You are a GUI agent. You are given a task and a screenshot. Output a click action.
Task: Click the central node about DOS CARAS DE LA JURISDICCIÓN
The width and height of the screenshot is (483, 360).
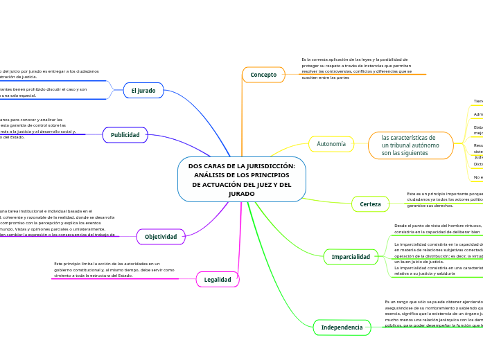241,179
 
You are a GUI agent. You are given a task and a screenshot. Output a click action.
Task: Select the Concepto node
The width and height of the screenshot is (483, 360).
263,74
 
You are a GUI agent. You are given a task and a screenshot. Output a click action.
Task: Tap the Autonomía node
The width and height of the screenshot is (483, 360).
331,144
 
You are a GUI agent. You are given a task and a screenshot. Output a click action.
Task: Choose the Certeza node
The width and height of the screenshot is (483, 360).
371,204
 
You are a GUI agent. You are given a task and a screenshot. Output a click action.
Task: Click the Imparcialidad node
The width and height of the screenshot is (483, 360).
351,257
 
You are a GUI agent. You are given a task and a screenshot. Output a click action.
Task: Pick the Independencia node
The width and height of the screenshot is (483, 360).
342,327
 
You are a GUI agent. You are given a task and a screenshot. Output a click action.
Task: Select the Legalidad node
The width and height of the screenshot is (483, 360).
218,279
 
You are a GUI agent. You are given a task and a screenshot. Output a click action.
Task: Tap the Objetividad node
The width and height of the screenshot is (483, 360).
161,237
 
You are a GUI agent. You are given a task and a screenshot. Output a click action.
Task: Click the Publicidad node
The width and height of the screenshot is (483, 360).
125,135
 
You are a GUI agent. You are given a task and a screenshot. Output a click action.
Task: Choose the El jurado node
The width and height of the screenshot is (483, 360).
143,91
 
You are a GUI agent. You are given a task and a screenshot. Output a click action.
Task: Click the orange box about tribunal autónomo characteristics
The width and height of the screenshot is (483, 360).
410,145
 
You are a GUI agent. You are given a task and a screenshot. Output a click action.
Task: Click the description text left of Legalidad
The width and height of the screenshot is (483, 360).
114,269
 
